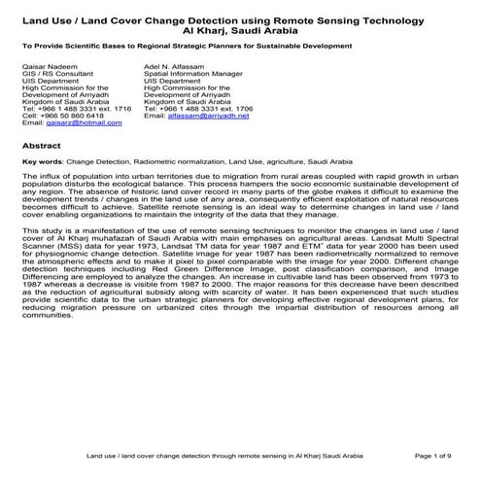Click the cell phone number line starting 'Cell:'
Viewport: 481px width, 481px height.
point(59,115)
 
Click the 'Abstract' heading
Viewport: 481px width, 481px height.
point(41,144)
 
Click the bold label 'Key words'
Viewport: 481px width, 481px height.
point(42,161)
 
